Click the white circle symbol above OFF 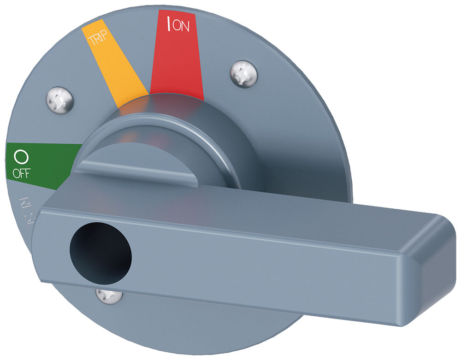tap(21, 157)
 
